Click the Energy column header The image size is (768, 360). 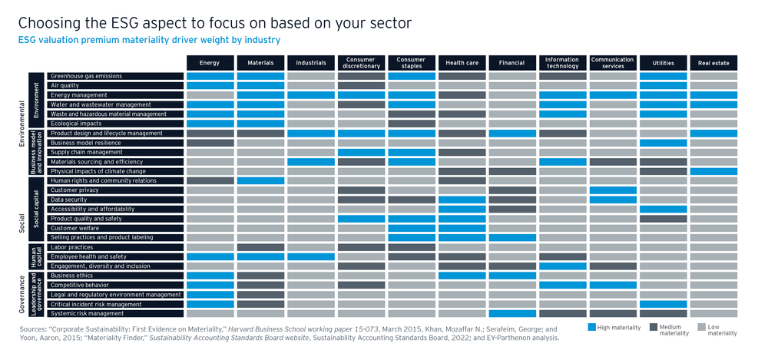click(210, 62)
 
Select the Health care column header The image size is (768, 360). click(462, 62)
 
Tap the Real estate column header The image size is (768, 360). click(713, 62)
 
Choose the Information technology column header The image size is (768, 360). click(562, 62)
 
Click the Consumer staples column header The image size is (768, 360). click(411, 62)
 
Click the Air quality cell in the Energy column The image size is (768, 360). click(210, 86)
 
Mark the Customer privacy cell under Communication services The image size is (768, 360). click(613, 190)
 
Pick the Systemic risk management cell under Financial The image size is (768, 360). click(512, 313)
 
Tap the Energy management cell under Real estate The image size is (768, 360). click(713, 95)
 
